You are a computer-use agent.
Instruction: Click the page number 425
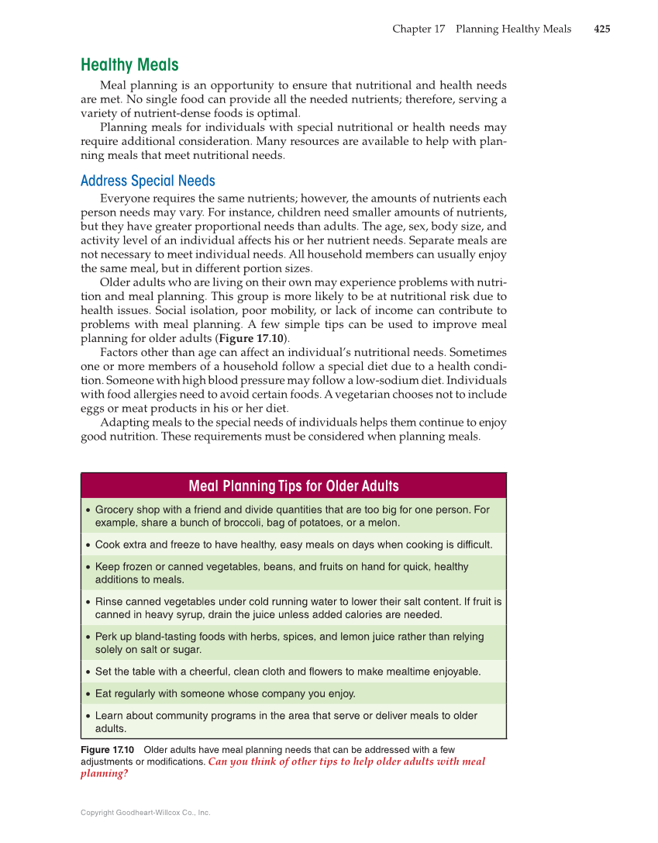click(x=601, y=29)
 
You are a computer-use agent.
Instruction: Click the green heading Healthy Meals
click(x=129, y=65)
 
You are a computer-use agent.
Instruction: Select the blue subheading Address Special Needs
click(x=148, y=181)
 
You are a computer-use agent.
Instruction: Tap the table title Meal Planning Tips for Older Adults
click(x=294, y=486)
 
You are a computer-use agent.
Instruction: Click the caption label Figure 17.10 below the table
click(x=108, y=750)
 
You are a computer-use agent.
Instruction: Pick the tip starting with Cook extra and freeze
click(x=293, y=545)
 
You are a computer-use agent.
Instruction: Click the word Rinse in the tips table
click(x=110, y=602)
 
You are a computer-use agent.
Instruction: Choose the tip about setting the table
click(x=288, y=672)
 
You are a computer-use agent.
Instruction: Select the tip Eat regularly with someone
click(x=225, y=693)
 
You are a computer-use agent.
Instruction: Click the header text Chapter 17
click(x=419, y=29)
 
